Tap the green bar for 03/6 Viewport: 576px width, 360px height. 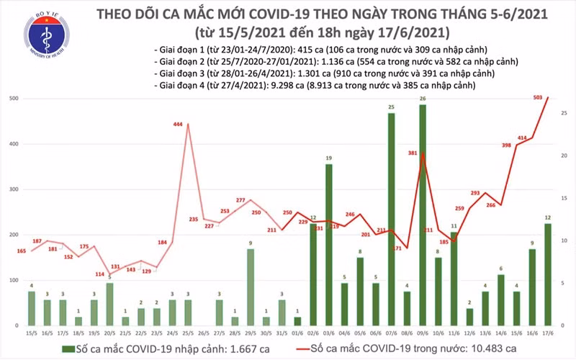tap(328, 245)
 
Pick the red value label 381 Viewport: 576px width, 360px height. tap(413, 153)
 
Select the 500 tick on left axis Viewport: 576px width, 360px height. tap(14, 99)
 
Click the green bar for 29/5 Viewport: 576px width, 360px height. tap(250, 287)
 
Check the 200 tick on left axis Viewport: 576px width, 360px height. tap(14, 235)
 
